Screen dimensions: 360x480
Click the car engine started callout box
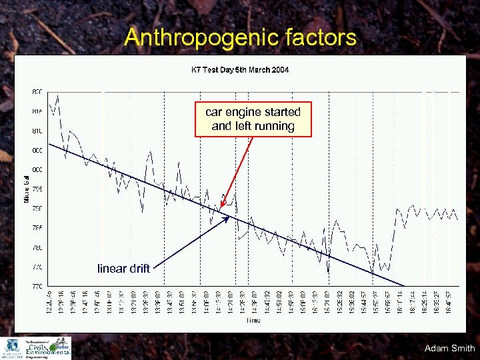pyautogui.click(x=253, y=119)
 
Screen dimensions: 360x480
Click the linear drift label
pyautogui.click(x=123, y=269)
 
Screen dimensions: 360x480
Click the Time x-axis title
pyautogui.click(x=253, y=321)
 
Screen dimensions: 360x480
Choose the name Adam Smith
pyautogui.click(x=449, y=348)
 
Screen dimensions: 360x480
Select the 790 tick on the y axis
pyautogui.click(x=37, y=209)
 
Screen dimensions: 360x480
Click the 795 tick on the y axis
pyautogui.click(x=37, y=189)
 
